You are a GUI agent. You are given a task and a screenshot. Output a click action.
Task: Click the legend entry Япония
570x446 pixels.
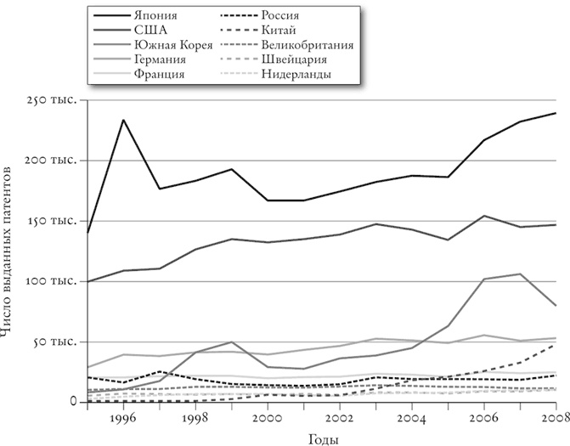pos(154,14)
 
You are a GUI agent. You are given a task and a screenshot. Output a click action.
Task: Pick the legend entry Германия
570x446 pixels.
pos(158,59)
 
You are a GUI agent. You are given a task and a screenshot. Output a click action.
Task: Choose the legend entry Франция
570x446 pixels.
pos(158,74)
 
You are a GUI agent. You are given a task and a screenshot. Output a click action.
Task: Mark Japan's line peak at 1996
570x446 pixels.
pos(124,120)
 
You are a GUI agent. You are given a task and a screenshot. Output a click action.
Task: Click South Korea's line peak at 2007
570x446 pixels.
pos(520,274)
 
